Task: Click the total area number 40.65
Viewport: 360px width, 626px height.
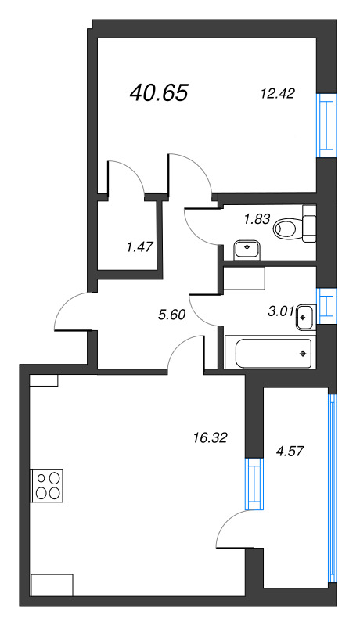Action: click(158, 93)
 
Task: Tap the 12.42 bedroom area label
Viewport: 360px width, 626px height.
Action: click(277, 94)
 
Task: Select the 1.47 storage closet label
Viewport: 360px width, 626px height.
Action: click(139, 247)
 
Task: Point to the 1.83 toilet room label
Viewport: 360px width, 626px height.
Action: click(257, 219)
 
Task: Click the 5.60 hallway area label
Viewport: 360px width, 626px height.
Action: click(172, 315)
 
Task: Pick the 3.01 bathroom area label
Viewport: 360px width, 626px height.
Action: click(282, 311)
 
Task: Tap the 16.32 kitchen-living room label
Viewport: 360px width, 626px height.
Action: click(210, 438)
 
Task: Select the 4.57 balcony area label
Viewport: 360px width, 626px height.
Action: click(290, 452)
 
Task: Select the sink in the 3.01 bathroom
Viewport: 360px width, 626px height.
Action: click(306, 318)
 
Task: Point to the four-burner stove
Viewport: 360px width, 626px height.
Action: click(47, 485)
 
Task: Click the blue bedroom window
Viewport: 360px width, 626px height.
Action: click(326, 126)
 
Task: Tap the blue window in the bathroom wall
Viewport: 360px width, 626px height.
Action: click(326, 306)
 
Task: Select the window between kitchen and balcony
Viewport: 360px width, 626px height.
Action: click(254, 484)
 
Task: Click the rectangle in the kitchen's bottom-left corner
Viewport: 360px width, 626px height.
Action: click(52, 585)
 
